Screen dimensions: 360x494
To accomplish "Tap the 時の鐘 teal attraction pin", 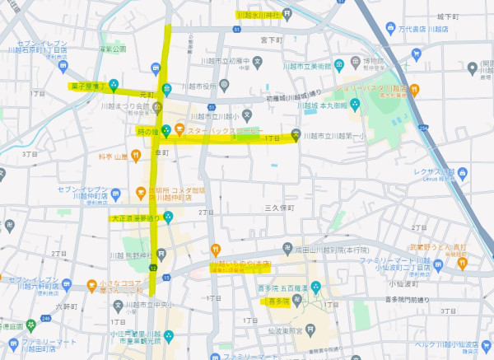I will pos(165,129).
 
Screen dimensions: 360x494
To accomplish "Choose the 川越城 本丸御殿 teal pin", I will pos(354,104).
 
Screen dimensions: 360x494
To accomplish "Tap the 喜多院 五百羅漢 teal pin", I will pos(315,287).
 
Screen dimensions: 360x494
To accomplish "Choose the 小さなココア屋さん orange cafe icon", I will pos(91,286).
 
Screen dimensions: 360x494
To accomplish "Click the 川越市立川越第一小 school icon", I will pos(296,135).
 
